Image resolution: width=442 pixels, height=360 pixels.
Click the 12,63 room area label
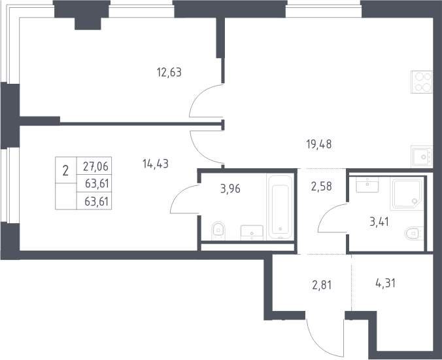(x=169, y=73)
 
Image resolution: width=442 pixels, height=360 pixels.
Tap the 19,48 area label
(x=319, y=145)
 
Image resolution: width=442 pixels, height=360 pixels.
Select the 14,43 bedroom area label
(x=156, y=164)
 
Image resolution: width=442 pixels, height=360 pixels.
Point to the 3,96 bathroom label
(x=230, y=189)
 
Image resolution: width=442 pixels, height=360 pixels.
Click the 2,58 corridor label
(x=321, y=187)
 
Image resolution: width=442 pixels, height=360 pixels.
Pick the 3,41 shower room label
(x=379, y=222)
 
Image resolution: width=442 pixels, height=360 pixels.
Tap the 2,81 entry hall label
(x=322, y=285)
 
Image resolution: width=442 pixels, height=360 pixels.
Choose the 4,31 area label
(x=385, y=283)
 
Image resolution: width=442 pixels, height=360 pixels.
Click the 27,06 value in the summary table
(x=95, y=166)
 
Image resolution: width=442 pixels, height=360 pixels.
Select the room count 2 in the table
(x=65, y=171)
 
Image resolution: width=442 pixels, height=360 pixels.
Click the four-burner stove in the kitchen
(x=422, y=82)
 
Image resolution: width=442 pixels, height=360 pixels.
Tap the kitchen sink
(x=422, y=157)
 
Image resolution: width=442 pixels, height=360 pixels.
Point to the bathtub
(x=280, y=207)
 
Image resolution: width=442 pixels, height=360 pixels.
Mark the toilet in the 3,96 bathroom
(x=218, y=230)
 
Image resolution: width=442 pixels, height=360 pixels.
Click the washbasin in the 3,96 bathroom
(x=252, y=233)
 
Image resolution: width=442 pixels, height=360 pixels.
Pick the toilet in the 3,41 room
(x=414, y=234)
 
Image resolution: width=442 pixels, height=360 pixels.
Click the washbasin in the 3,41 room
(x=367, y=185)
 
